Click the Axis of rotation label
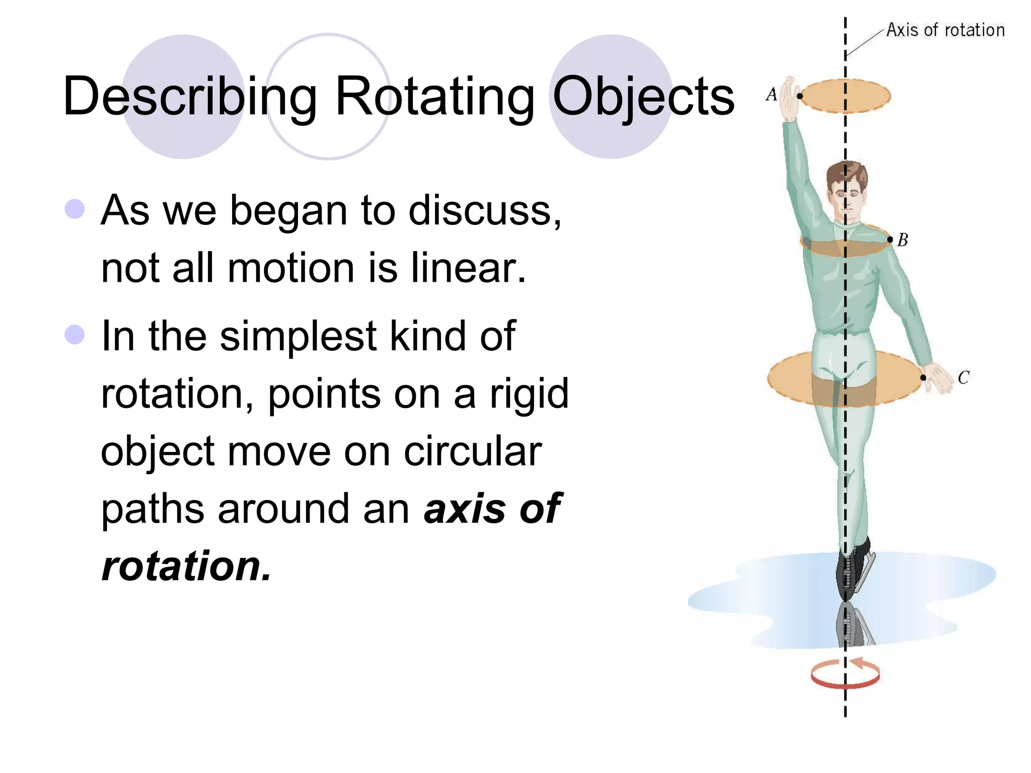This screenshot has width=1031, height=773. [945, 30]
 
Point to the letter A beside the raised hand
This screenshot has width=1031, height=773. [771, 94]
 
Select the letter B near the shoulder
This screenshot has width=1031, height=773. [903, 240]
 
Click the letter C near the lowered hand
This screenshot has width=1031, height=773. [964, 377]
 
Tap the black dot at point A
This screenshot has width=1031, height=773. [799, 96]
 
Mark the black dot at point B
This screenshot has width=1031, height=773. [890, 240]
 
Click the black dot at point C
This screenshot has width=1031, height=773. [923, 377]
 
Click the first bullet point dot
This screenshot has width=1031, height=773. [75, 209]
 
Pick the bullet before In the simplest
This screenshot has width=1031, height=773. [75, 335]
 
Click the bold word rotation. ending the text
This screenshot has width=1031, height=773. [186, 566]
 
